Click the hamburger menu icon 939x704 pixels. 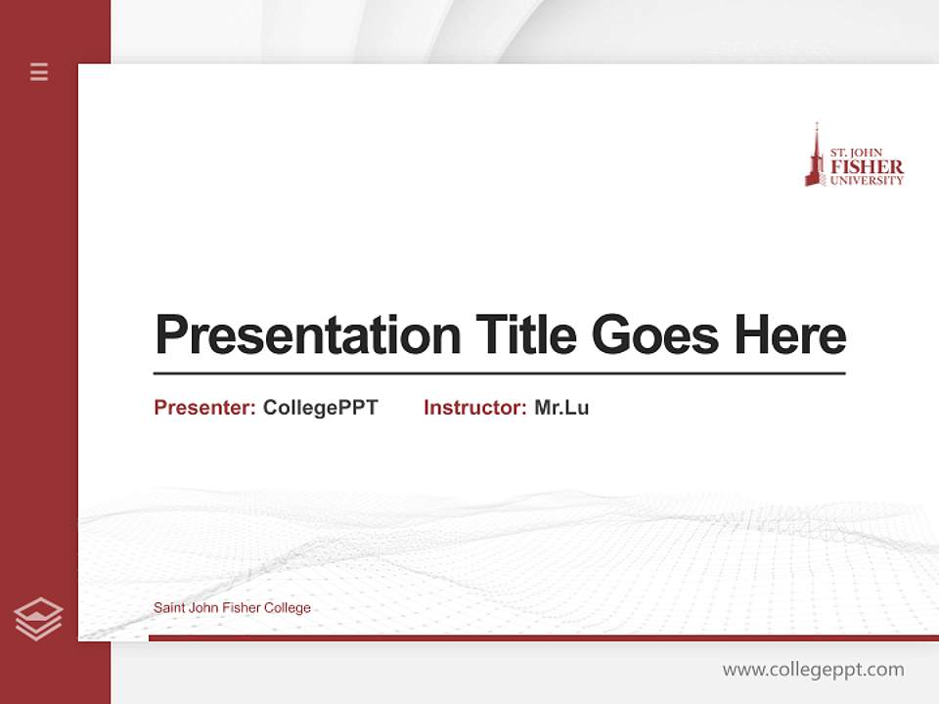tap(39, 71)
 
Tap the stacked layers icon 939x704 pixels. tap(38, 619)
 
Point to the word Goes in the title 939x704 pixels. tap(655, 335)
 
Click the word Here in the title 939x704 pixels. tap(790, 335)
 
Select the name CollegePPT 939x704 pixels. tap(320, 408)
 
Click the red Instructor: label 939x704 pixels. tap(475, 408)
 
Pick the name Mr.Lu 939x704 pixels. tap(561, 408)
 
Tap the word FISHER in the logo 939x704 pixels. tap(867, 167)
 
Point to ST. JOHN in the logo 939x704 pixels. tap(856, 154)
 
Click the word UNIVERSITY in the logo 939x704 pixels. tap(867, 180)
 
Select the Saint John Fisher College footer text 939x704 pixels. tap(232, 608)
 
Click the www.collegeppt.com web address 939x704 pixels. tap(813, 670)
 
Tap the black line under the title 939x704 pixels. tap(499, 373)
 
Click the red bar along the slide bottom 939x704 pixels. tap(543, 638)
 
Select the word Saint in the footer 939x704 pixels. tap(169, 608)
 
